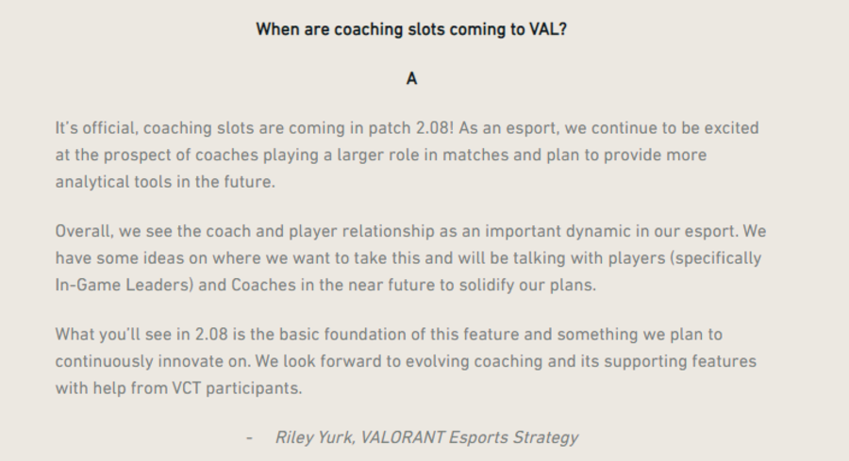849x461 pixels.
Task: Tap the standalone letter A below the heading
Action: (411, 79)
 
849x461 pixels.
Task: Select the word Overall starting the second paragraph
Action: (84, 231)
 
